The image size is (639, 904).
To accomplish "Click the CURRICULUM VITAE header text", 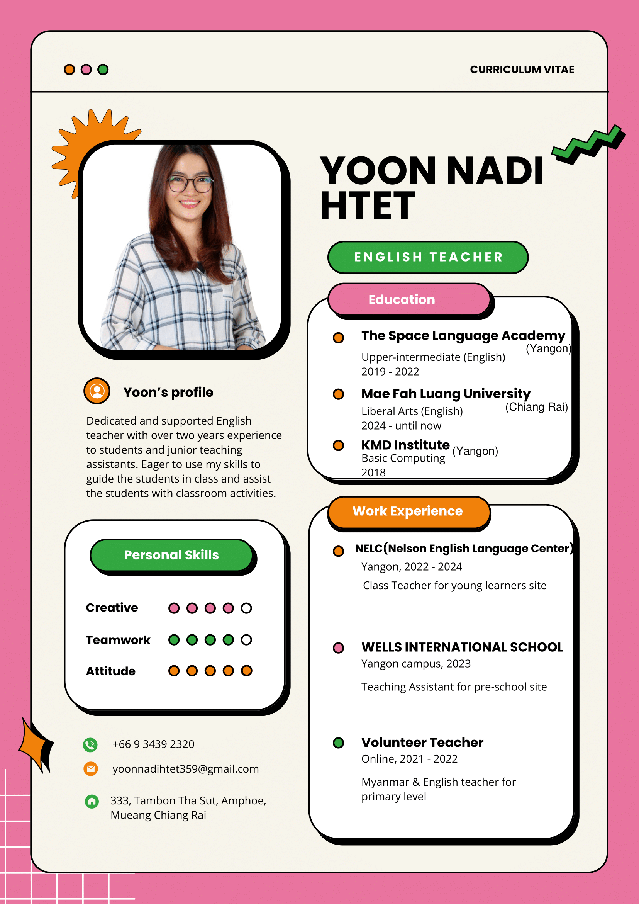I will (x=522, y=70).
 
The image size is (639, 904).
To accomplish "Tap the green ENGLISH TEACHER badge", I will (x=428, y=257).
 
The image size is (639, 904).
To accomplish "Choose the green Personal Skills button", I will (x=171, y=555).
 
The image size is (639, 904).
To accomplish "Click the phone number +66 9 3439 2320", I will (x=153, y=744).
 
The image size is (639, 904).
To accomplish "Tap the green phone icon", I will (x=90, y=744).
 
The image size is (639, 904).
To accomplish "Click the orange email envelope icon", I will (x=91, y=768).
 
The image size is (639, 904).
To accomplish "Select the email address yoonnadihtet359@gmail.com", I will (x=185, y=769).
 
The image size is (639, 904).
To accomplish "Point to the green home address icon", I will (x=92, y=801).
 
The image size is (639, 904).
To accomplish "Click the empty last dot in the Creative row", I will (x=246, y=608).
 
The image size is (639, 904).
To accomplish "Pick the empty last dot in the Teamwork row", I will (x=246, y=640).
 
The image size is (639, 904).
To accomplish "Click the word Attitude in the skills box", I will (x=110, y=671).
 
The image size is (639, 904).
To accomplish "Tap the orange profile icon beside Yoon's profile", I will (x=97, y=391).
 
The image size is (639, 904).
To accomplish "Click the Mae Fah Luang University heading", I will (x=446, y=393).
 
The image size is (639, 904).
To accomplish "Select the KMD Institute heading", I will (x=405, y=445).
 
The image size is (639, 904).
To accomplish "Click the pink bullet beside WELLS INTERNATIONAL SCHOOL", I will (x=338, y=648).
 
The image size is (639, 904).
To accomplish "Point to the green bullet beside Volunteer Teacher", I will (x=338, y=743).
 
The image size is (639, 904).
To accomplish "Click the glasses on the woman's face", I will (x=190, y=184).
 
